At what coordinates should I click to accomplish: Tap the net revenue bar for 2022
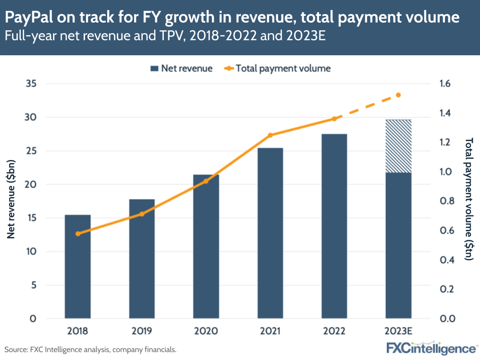(334, 226)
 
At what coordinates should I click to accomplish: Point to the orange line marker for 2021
(270, 135)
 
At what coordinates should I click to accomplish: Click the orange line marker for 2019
(142, 214)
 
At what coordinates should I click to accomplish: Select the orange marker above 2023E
(398, 95)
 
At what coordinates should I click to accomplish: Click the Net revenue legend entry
(181, 68)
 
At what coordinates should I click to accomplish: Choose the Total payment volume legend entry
(277, 68)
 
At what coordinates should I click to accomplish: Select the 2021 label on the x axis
(270, 331)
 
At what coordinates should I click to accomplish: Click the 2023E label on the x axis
(398, 331)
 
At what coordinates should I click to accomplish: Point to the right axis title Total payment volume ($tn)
(469, 201)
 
